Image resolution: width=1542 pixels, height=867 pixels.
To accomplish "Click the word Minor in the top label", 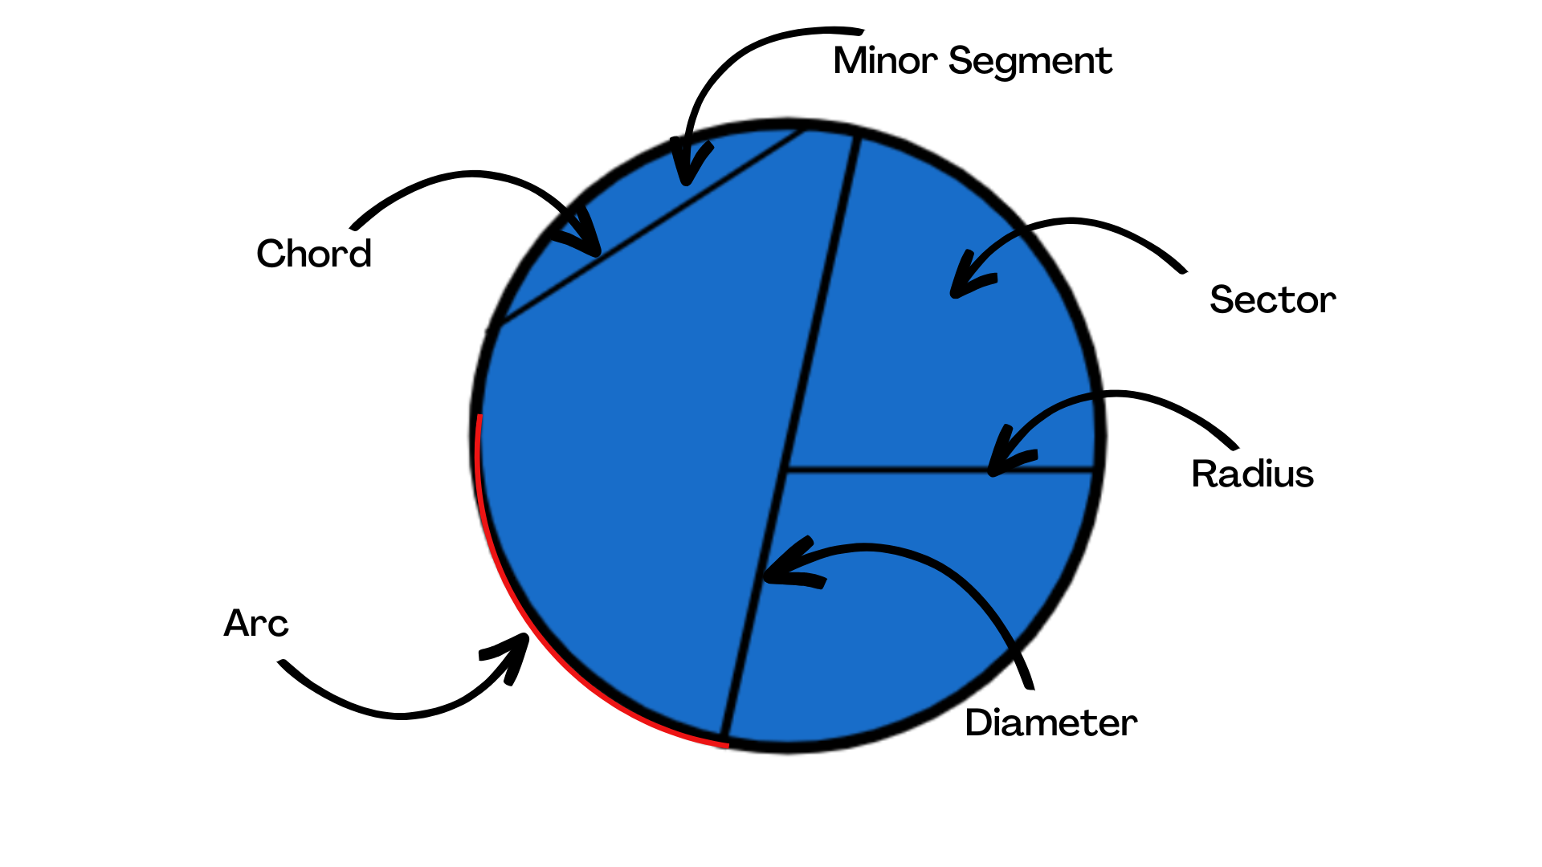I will click(884, 61).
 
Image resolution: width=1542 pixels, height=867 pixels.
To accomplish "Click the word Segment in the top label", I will click(1030, 63).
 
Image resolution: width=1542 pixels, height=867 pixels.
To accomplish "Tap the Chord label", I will click(314, 254).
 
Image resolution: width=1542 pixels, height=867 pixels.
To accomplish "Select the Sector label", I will click(1272, 300).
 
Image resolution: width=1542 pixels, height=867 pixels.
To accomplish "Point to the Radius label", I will click(1252, 474).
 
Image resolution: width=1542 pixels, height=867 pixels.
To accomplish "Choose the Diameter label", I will click(1050, 722).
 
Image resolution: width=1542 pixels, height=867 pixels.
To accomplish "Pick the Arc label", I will click(255, 623).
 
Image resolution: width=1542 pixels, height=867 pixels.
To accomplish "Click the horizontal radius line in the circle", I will click(940, 469).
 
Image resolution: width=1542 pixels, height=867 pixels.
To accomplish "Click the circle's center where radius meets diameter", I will click(785, 470).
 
